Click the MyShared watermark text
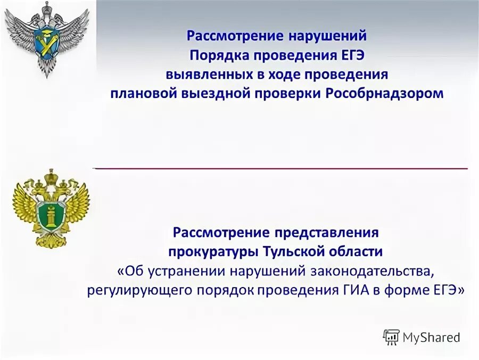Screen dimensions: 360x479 click(x=431, y=337)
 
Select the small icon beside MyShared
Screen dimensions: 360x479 click(x=391, y=337)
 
